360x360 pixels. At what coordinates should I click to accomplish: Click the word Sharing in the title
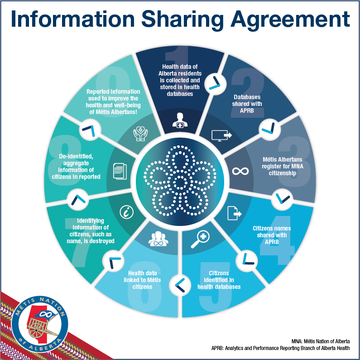(182, 19)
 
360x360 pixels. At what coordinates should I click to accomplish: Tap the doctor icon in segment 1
(180, 120)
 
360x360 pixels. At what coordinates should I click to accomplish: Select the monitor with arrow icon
(221, 135)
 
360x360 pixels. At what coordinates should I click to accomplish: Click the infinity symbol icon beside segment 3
(240, 171)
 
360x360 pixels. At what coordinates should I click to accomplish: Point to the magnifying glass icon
(200, 239)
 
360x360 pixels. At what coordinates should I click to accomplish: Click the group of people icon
(158, 239)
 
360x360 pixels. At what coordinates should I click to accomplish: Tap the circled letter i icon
(126, 212)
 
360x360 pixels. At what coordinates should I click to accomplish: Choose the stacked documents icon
(120, 171)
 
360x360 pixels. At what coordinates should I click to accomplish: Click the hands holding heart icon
(140, 133)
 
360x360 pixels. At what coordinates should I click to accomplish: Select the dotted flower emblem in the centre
(180, 181)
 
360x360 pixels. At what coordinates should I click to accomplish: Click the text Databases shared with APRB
(247, 104)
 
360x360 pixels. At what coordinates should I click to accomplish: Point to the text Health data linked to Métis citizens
(142, 280)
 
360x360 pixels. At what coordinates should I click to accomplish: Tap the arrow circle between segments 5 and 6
(180, 285)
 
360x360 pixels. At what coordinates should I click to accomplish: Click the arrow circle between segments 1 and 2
(215, 83)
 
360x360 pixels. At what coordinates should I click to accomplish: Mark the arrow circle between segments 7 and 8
(77, 200)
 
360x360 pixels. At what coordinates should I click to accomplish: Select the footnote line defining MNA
(321, 341)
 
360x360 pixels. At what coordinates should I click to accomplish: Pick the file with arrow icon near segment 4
(234, 213)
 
